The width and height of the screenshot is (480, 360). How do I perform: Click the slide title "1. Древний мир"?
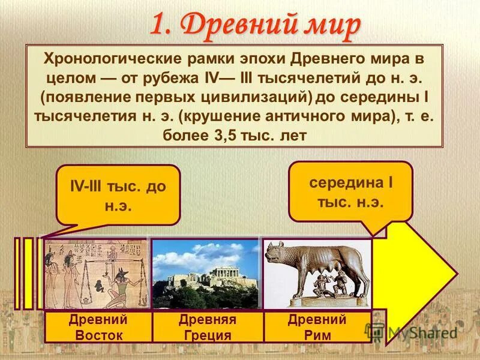(x=254, y=25)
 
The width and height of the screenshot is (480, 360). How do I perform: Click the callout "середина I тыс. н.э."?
(x=350, y=191)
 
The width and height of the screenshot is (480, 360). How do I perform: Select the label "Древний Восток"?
(x=98, y=327)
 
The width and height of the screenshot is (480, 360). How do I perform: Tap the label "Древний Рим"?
(x=317, y=327)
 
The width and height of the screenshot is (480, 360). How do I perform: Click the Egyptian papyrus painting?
(x=96, y=274)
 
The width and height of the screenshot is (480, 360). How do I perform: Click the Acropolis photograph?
(x=205, y=274)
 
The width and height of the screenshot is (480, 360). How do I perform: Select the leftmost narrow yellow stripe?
(x=17, y=273)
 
